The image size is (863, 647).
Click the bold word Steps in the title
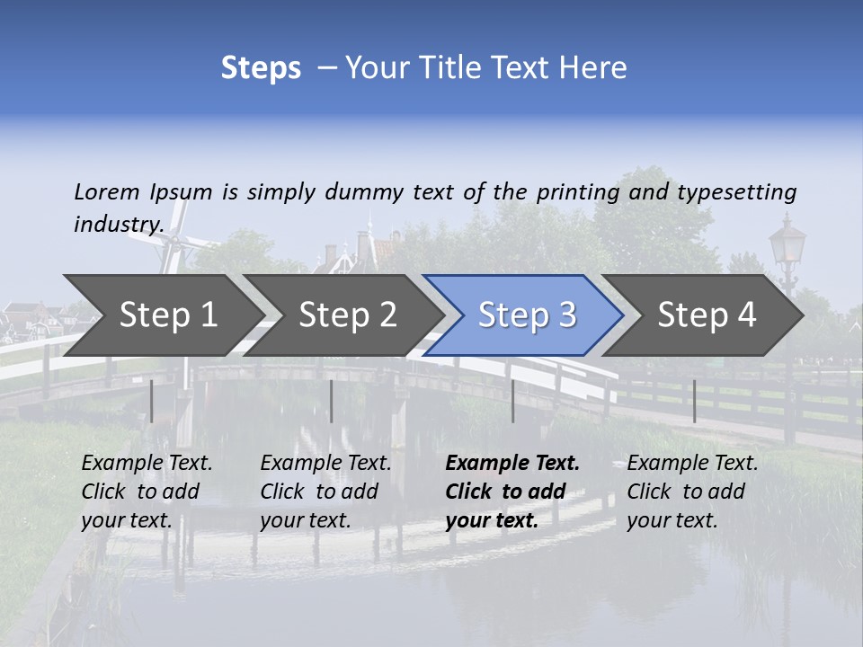[261, 68]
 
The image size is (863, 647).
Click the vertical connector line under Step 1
[152, 401]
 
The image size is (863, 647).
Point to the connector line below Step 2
[332, 401]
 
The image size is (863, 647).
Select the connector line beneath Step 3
[512, 401]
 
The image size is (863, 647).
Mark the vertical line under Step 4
[694, 401]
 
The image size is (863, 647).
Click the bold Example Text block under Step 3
[512, 492]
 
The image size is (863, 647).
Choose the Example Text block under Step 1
[147, 492]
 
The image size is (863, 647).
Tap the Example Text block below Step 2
[325, 492]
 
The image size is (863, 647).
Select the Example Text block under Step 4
[692, 492]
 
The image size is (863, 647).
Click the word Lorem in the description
[107, 191]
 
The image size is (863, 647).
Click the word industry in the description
[117, 224]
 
